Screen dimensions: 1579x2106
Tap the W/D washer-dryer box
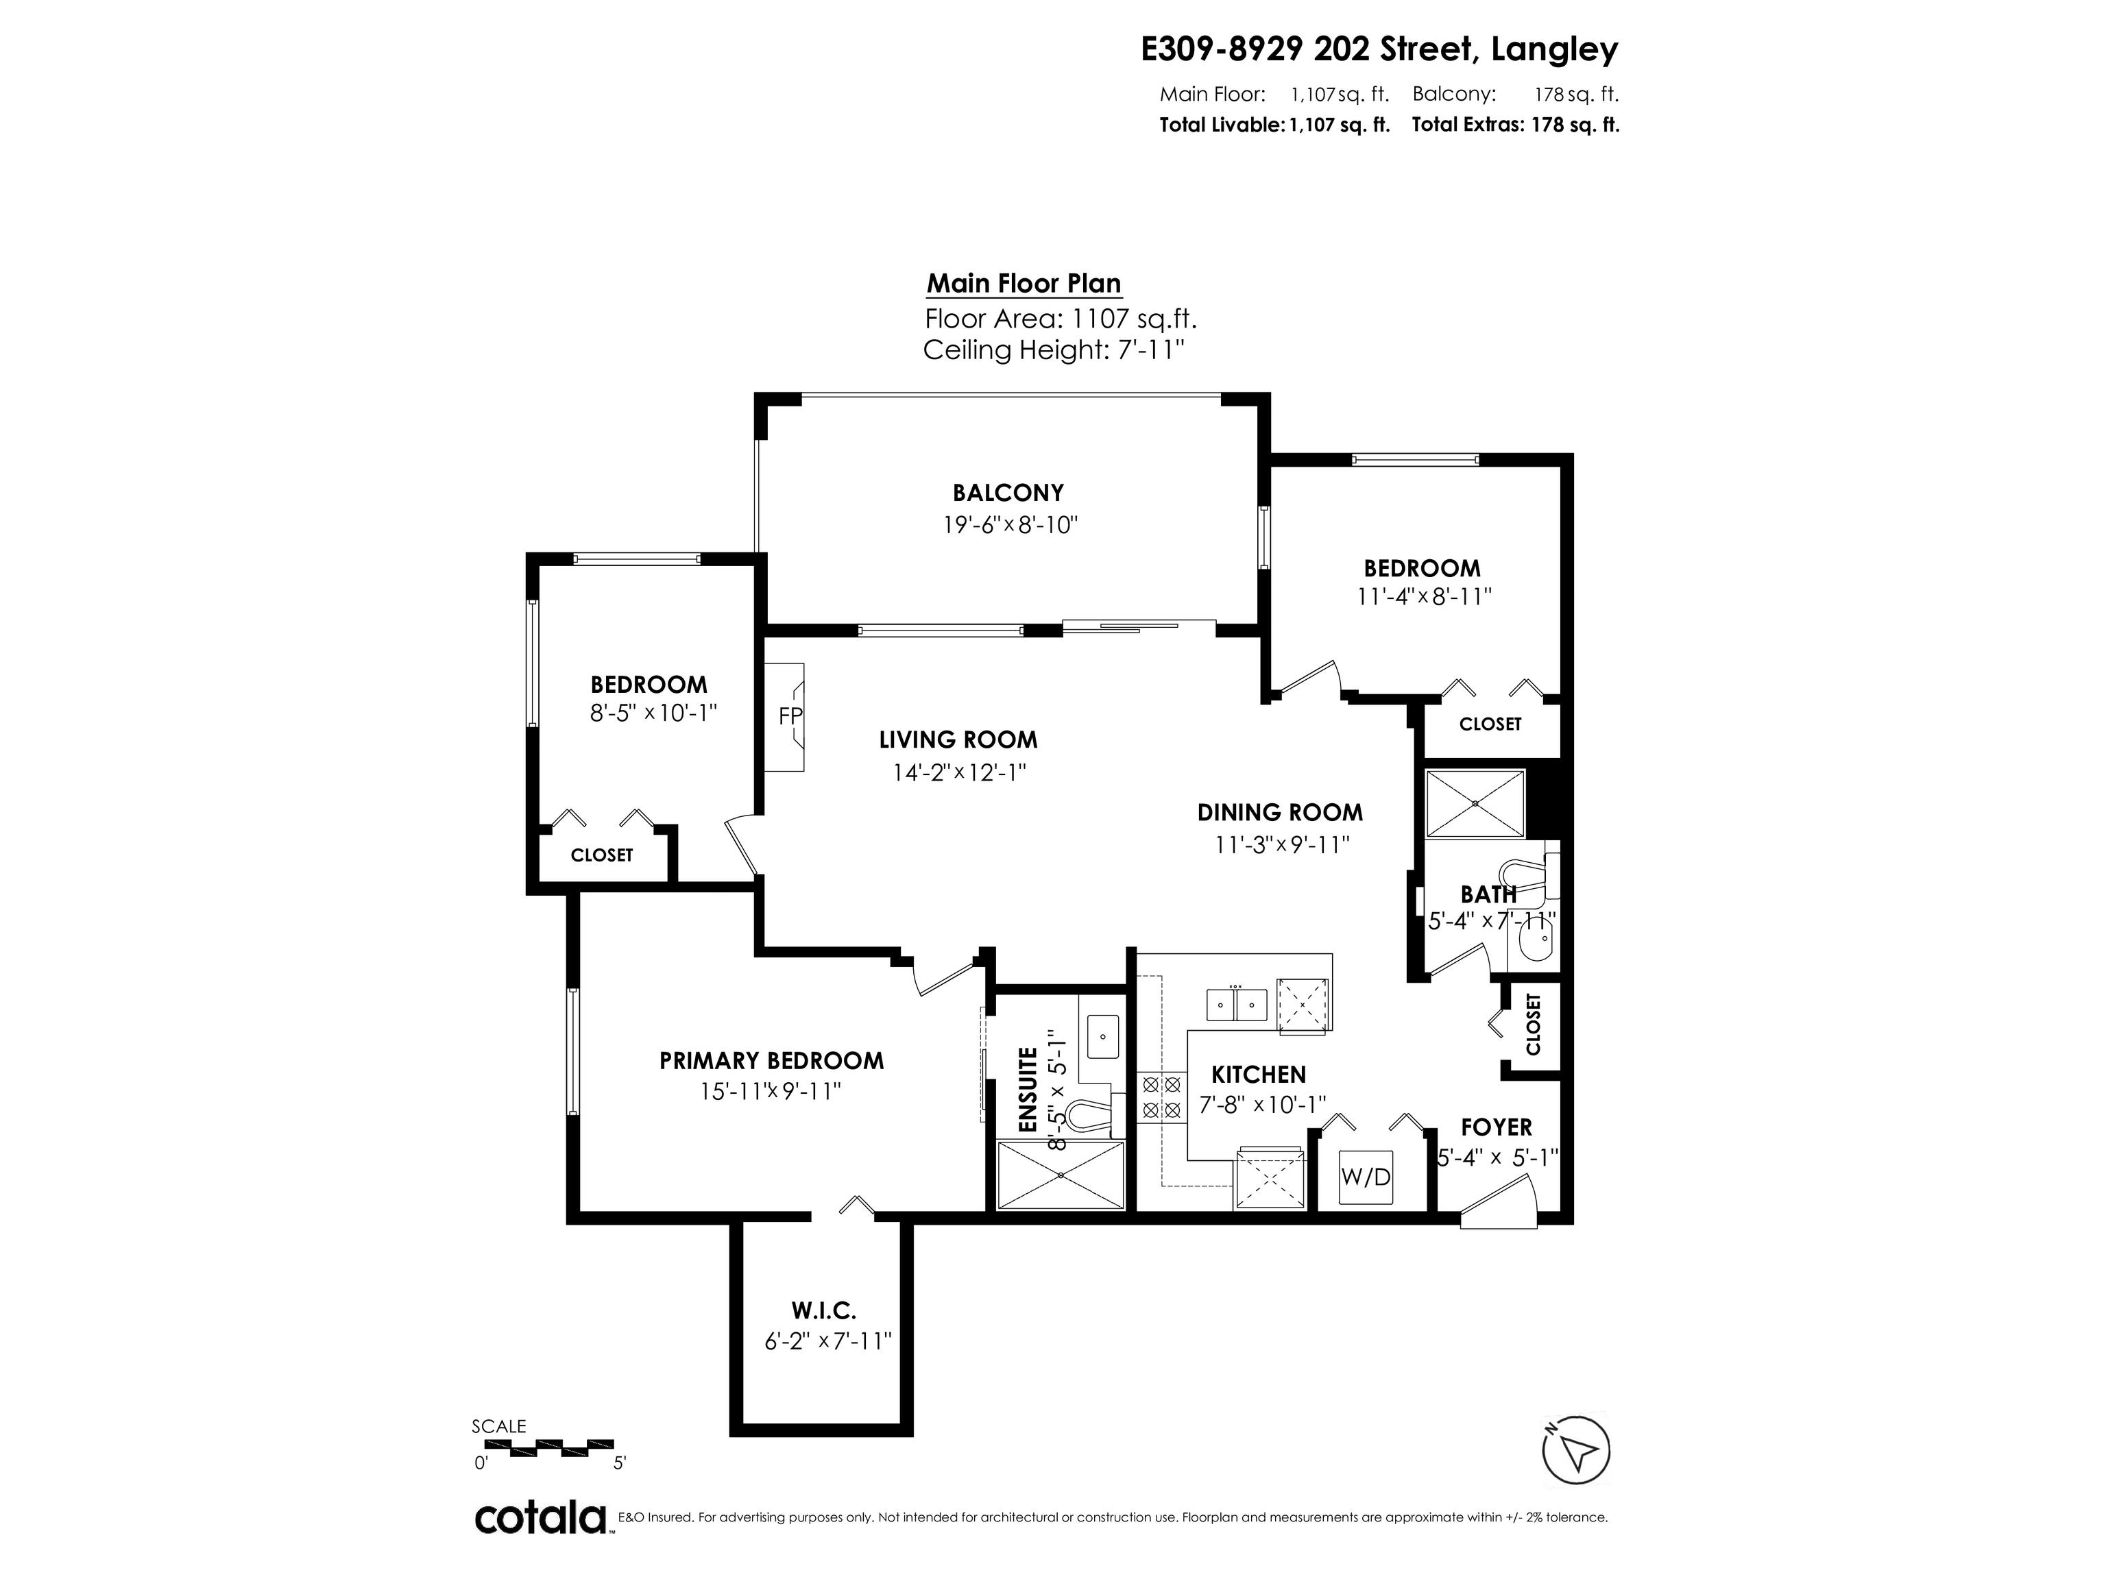[1366, 1177]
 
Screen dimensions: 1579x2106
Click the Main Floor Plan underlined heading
[1024, 284]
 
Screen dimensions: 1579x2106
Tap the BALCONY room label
[1008, 493]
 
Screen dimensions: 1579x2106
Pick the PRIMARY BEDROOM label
[771, 1060]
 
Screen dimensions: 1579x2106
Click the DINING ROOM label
[1280, 813]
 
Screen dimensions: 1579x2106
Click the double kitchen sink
[1237, 1004]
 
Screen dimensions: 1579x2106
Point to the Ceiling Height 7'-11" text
[1053, 350]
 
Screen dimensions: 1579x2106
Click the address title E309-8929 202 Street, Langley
[1379, 49]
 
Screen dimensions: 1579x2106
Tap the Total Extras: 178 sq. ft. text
[1515, 125]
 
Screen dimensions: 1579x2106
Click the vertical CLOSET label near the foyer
[1533, 1025]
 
